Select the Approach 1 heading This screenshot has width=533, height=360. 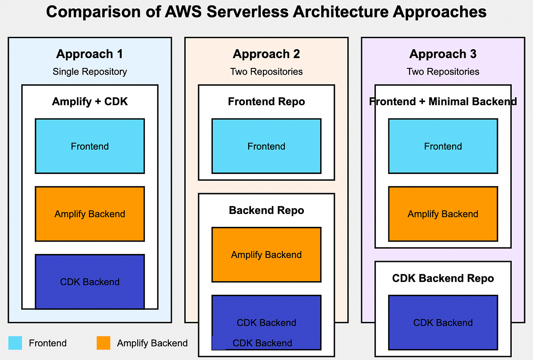tap(90, 54)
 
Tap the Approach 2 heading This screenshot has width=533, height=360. tap(266, 54)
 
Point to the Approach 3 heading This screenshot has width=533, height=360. tap(443, 54)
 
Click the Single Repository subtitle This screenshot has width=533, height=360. tap(90, 71)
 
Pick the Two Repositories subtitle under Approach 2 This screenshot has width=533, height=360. tap(266, 71)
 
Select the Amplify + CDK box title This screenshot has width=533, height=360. tap(90, 102)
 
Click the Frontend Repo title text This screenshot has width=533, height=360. tap(266, 102)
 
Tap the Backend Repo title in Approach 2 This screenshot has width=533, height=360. tap(266, 210)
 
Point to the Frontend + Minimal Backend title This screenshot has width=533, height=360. tap(443, 102)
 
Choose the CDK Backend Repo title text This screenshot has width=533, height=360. tap(443, 278)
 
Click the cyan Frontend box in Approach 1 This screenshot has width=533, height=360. tap(90, 146)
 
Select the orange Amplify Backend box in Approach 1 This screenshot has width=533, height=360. tap(90, 214)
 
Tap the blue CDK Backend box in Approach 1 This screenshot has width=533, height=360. tap(90, 281)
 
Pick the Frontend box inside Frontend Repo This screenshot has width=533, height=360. tap(266, 146)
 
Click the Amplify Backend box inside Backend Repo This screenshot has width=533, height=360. tap(266, 255)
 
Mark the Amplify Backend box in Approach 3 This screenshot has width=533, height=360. tap(443, 214)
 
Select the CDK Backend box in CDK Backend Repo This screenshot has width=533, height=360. tap(443, 323)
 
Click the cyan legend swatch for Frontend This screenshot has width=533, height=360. tap(15, 343)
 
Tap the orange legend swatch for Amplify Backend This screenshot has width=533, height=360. tap(103, 343)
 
